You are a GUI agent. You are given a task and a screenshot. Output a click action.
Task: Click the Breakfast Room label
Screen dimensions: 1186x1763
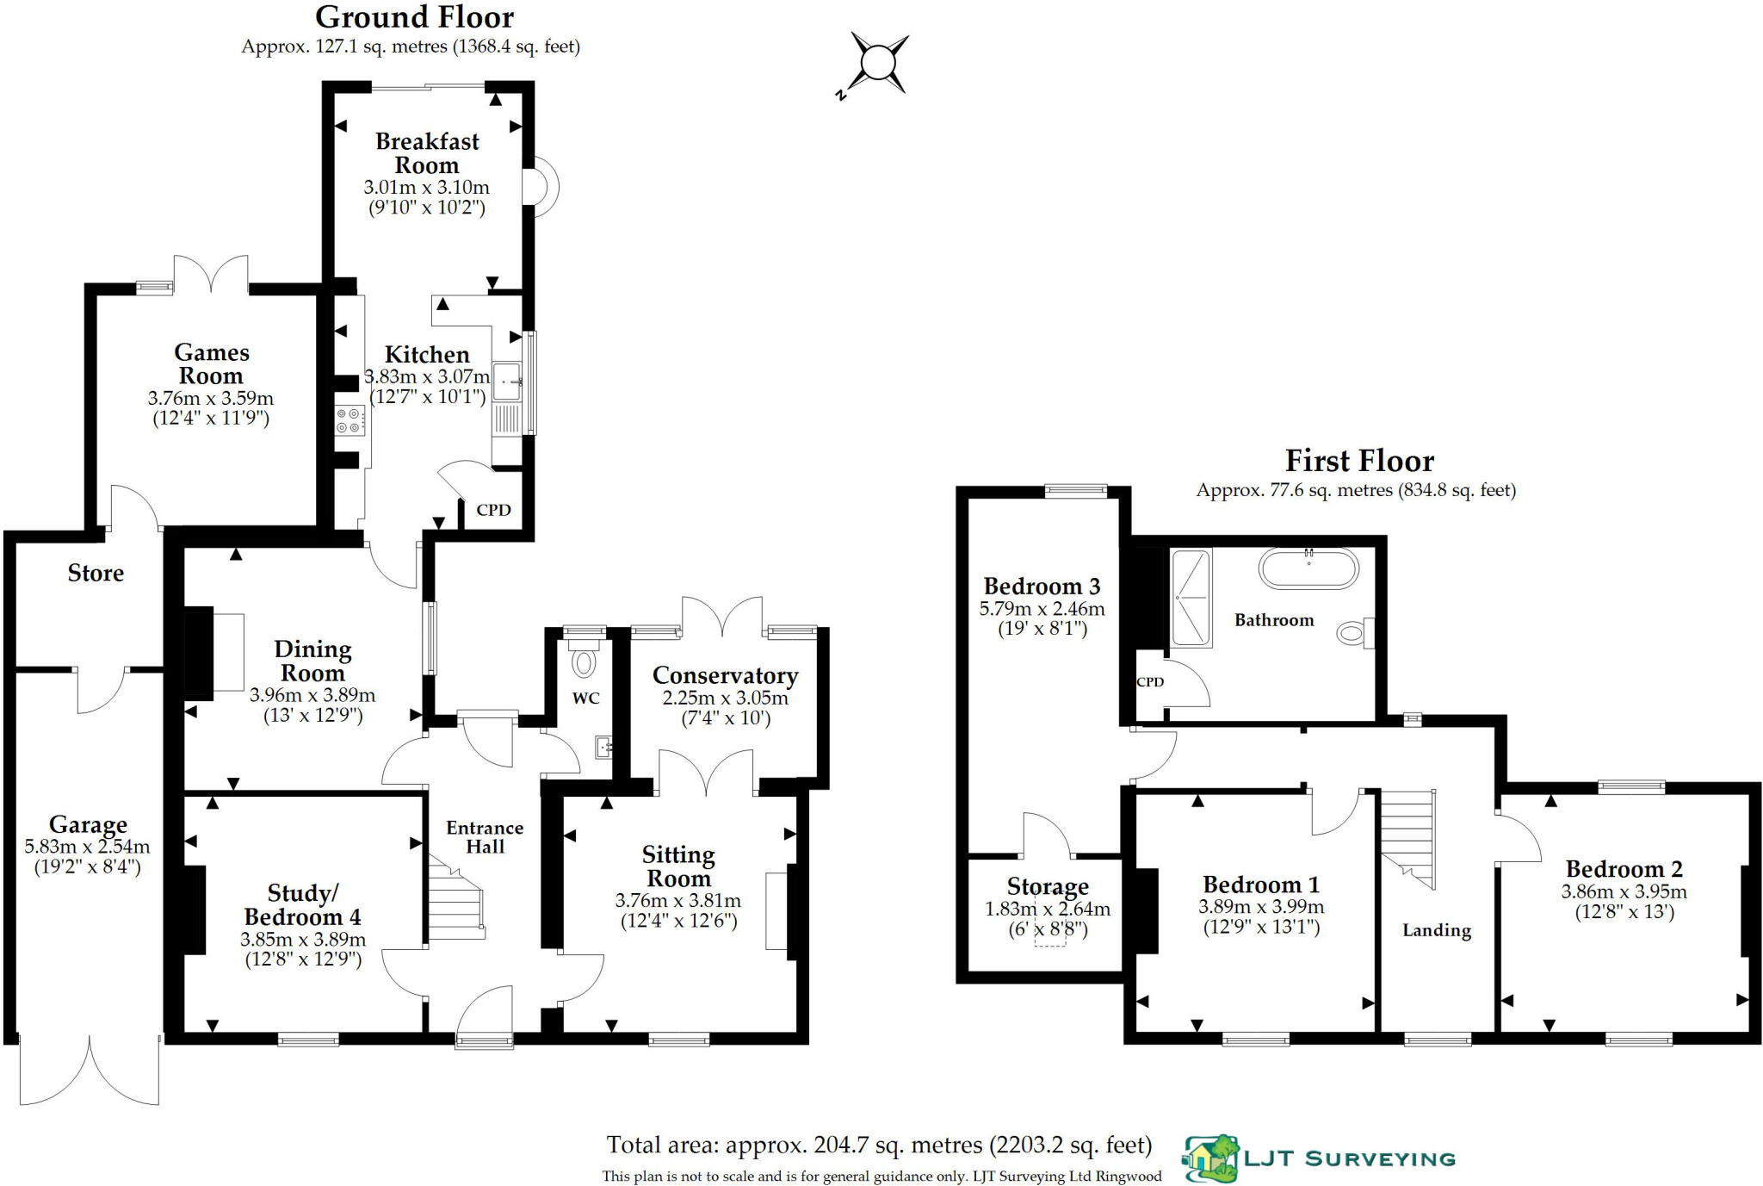(x=427, y=153)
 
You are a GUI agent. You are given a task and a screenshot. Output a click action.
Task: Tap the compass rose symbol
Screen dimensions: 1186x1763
(x=878, y=64)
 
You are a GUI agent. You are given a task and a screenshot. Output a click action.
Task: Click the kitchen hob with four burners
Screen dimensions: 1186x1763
(x=350, y=420)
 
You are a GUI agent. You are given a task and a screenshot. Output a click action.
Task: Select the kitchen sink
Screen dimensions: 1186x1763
(x=508, y=381)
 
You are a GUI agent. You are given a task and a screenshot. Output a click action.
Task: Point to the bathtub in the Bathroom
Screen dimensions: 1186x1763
(x=1308, y=569)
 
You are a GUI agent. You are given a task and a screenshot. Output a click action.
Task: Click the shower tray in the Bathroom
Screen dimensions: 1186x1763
(x=1191, y=598)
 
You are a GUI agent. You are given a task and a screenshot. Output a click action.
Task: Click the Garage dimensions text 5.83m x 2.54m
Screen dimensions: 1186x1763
(x=87, y=847)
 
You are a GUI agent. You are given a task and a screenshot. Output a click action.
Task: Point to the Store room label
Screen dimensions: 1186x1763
(x=96, y=574)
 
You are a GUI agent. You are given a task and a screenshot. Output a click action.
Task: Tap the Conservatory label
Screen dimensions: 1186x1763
(x=725, y=676)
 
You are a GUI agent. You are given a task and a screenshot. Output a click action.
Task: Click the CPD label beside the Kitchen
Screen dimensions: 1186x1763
(x=493, y=510)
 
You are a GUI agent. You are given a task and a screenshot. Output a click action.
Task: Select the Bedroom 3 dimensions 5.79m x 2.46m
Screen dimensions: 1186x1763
(x=1042, y=609)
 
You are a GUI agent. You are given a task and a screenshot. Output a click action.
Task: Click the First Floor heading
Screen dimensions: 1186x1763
(x=1359, y=462)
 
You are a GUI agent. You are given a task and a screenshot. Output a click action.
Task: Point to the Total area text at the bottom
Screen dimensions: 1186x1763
(x=879, y=1145)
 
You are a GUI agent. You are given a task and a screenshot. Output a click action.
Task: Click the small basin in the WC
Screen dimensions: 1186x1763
(x=604, y=747)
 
